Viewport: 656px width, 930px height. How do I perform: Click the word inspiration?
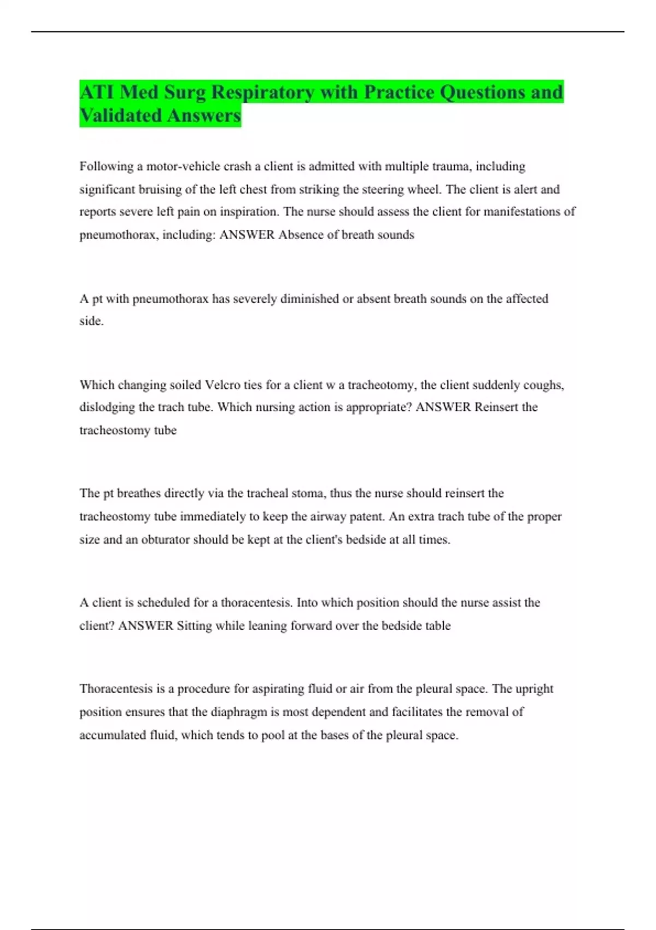[249, 212]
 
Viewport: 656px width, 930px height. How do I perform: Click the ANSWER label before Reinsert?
[443, 408]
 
